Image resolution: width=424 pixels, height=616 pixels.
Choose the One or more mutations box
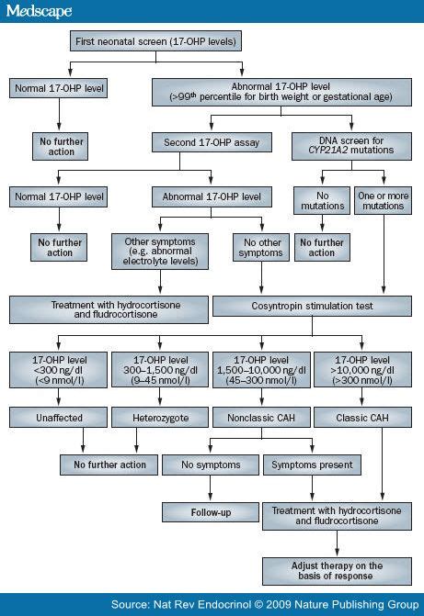pos(382,200)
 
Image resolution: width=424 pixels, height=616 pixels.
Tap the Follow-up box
pos(210,511)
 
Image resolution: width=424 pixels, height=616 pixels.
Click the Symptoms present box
pos(311,465)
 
